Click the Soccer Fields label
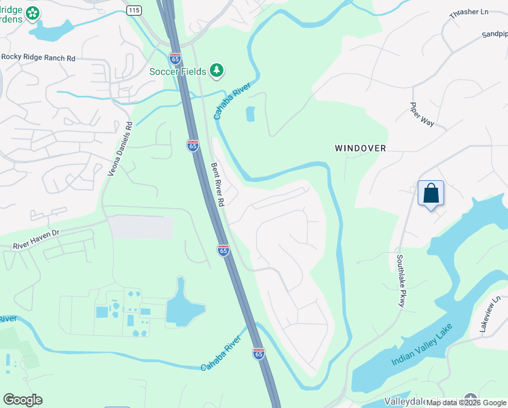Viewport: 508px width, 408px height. [179, 71]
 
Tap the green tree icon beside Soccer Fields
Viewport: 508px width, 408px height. [217, 70]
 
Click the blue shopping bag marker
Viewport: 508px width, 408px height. [431, 193]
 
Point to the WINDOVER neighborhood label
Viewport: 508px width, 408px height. [360, 148]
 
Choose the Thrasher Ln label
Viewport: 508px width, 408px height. [469, 14]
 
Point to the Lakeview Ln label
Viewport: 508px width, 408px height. [490, 313]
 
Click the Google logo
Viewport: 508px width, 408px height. [22, 400]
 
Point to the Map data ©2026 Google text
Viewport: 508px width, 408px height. [466, 403]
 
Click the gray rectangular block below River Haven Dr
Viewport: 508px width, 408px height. [141, 227]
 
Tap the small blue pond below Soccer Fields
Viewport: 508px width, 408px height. [250, 114]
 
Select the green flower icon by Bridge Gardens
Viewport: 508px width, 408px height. [32, 12]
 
